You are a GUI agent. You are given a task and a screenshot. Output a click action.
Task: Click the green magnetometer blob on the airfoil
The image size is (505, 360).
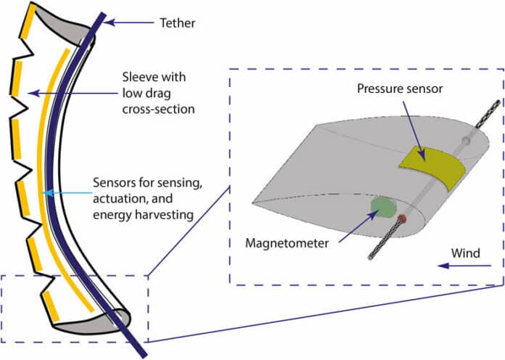(382, 208)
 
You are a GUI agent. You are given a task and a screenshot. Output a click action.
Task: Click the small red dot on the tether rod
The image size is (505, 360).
(401, 218)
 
